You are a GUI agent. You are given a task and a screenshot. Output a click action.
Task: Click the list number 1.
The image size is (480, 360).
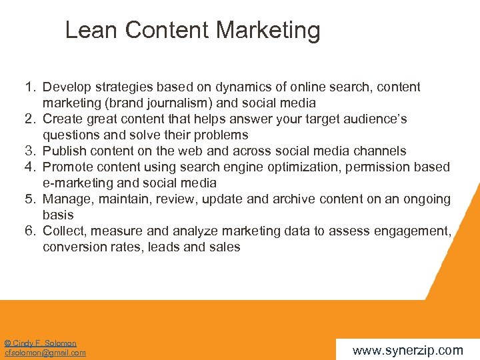point(30,87)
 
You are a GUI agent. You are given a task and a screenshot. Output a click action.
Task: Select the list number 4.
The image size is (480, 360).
point(30,167)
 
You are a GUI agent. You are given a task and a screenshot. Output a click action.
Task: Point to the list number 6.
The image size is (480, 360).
point(30,231)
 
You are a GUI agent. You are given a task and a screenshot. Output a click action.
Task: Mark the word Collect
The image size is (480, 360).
point(64,231)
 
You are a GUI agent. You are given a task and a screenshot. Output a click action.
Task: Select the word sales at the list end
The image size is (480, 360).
point(224,247)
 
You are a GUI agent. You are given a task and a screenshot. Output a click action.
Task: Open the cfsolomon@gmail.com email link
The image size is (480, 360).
point(45,353)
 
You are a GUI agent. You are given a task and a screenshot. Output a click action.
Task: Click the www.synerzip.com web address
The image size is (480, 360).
point(407,350)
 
